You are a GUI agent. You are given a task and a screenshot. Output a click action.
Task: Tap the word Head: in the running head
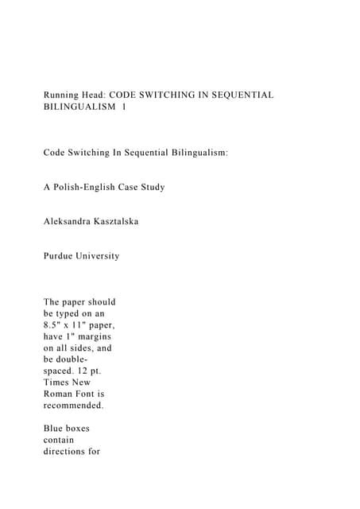tap(104, 95)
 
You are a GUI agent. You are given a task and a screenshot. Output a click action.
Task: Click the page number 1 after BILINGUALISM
tap(124, 109)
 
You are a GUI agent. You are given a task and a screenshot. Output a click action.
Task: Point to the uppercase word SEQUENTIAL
tap(243, 95)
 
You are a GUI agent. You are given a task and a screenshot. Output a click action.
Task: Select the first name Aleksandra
tap(72, 221)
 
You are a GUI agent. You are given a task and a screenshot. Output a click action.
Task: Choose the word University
tap(100, 256)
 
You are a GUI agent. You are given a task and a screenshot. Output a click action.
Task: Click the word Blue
tap(55, 429)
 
